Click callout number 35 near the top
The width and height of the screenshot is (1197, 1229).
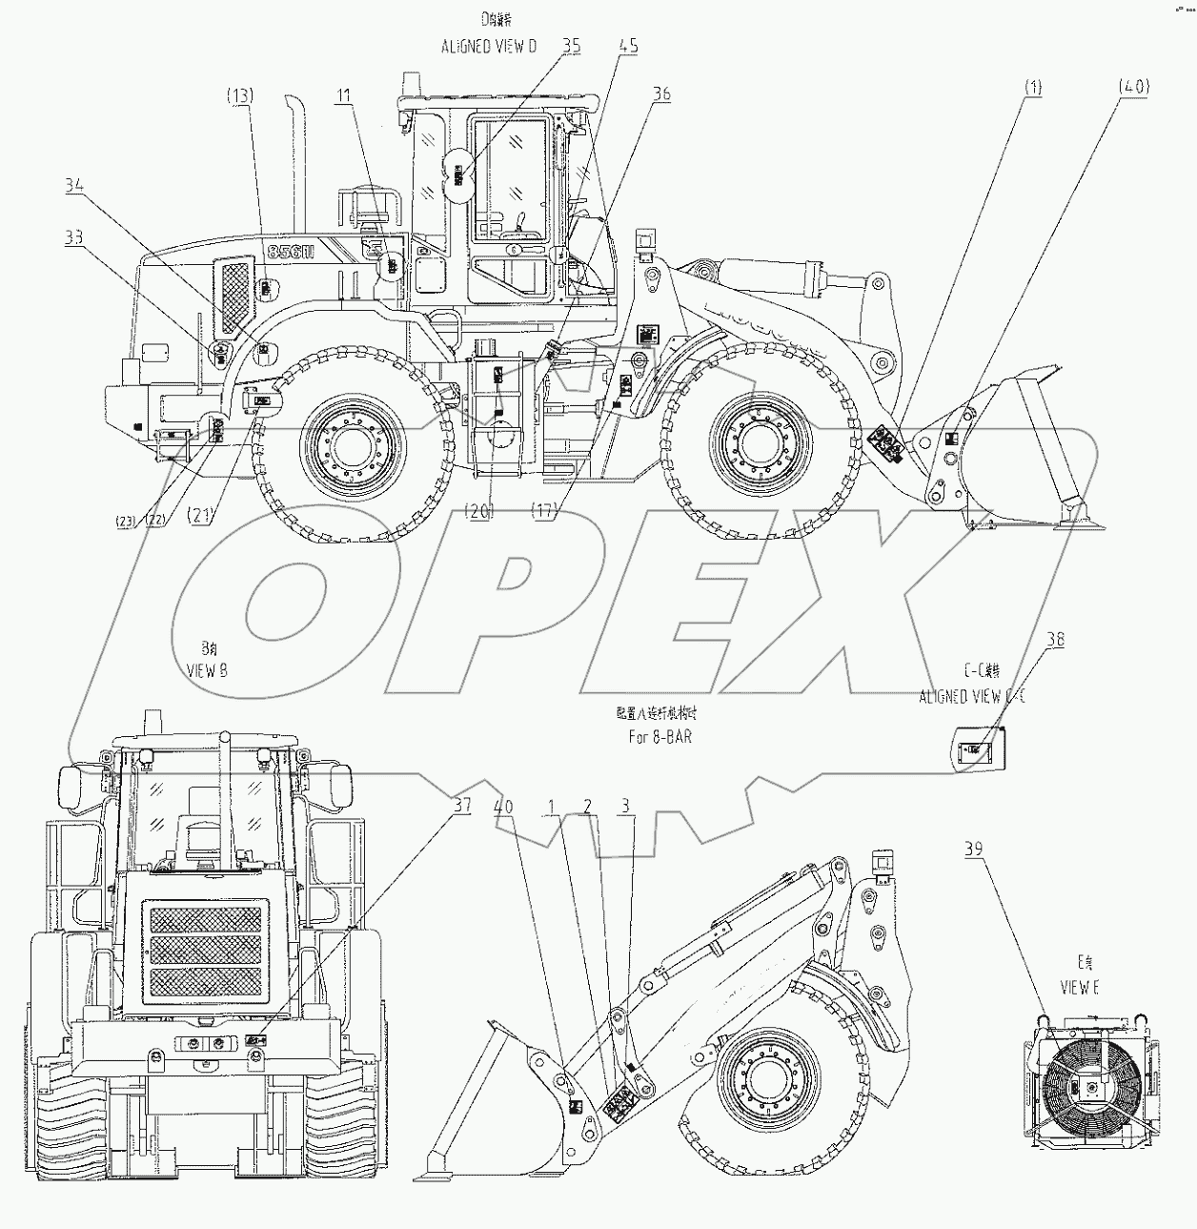[x=571, y=46]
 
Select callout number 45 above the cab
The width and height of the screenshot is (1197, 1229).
[x=628, y=46]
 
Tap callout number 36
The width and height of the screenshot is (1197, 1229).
[x=662, y=92]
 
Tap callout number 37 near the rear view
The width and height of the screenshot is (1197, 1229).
[x=461, y=805]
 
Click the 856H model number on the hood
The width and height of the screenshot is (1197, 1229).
[x=288, y=252]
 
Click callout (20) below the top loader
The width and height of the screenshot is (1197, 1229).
[x=478, y=512]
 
